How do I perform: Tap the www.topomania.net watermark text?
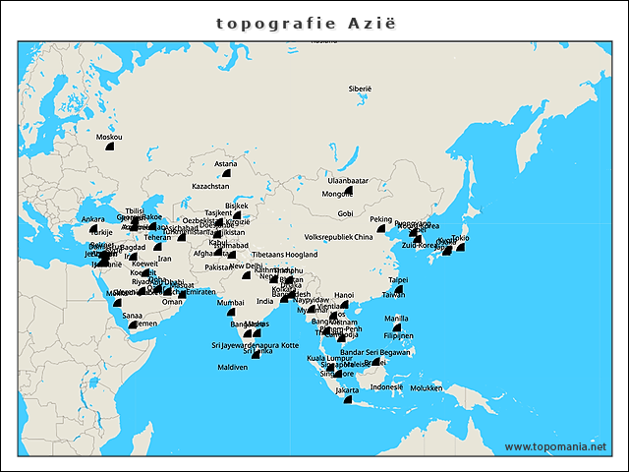tap(555, 446)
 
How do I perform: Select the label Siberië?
tap(360, 88)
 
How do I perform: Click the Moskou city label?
tap(109, 137)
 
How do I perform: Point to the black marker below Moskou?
tap(110, 147)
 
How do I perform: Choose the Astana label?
tap(226, 163)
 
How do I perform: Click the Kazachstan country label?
tap(210, 186)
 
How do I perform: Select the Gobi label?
tap(345, 213)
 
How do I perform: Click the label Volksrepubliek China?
tap(339, 237)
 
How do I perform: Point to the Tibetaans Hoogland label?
tap(284, 255)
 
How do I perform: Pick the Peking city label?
tap(380, 219)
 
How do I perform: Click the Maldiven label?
tap(232, 368)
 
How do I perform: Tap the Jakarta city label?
tap(347, 390)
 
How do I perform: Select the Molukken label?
tap(427, 387)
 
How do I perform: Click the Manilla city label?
tap(397, 319)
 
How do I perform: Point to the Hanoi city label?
tap(344, 294)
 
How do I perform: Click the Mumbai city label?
tap(230, 303)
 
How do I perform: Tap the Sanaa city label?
tap(130, 315)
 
